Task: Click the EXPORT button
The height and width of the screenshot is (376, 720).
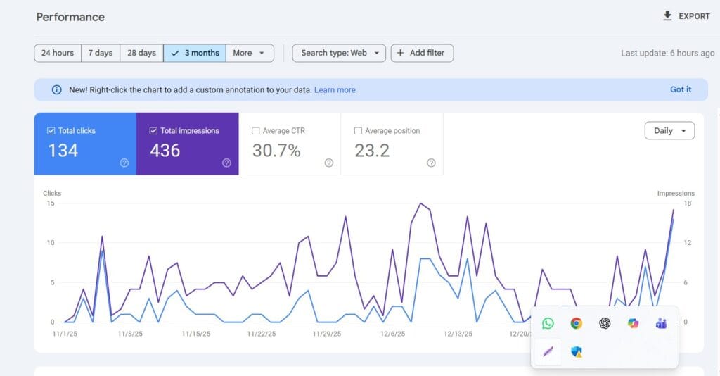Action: click(686, 16)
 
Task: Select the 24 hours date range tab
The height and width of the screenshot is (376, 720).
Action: click(58, 53)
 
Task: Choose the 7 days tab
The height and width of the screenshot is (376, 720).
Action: click(100, 53)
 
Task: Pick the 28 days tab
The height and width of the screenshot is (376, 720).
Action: click(141, 53)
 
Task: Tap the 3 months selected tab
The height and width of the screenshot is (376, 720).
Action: click(195, 53)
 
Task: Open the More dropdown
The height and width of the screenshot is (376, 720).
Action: click(250, 53)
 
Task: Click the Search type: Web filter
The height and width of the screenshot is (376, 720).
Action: click(339, 53)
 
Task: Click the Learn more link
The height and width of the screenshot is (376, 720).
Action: click(335, 90)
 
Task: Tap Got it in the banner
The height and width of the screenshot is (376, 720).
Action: click(680, 89)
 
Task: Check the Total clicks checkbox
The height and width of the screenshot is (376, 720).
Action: click(51, 131)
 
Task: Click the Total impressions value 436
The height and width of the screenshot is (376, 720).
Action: click(165, 151)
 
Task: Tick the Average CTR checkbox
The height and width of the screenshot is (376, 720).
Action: click(256, 131)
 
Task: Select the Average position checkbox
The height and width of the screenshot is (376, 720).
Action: click(359, 131)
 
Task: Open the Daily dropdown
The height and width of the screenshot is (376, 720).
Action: click(669, 131)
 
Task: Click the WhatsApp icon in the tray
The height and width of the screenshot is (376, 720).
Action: click(548, 323)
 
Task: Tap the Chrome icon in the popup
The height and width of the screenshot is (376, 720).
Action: click(576, 323)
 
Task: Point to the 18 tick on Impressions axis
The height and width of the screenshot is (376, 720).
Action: click(688, 203)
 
